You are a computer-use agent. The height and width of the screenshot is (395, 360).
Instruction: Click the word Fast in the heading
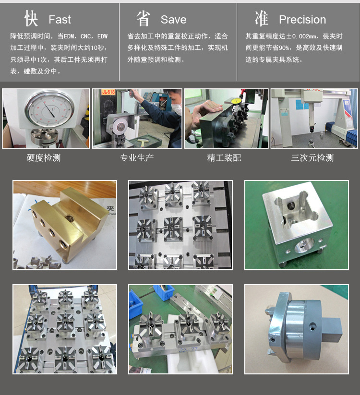click(60, 20)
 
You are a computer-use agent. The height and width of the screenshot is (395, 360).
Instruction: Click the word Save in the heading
click(174, 20)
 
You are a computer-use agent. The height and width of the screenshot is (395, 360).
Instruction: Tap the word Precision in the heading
click(302, 20)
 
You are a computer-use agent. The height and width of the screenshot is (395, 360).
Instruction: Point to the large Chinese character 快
click(31, 18)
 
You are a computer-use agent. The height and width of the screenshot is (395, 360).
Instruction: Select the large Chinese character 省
click(143, 18)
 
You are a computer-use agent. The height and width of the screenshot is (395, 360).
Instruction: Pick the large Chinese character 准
click(262, 18)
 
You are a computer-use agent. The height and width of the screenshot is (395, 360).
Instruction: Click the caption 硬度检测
click(44, 158)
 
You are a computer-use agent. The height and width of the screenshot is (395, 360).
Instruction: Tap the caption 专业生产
click(137, 158)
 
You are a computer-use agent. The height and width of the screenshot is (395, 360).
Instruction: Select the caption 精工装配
click(224, 158)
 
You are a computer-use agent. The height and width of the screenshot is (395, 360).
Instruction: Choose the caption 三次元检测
click(312, 158)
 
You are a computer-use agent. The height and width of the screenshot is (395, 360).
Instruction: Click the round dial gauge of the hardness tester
click(49, 109)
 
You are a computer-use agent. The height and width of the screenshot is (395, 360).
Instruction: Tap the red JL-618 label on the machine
click(108, 92)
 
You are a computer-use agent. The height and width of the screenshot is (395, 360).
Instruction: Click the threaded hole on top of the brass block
click(69, 217)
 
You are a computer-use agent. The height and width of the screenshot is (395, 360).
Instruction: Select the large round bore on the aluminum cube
click(304, 246)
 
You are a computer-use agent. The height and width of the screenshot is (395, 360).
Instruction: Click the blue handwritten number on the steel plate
click(188, 350)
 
